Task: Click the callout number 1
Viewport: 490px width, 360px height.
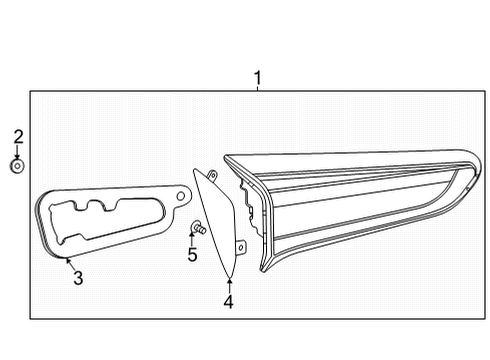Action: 257,77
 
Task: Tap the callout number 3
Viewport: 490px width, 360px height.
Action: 78,278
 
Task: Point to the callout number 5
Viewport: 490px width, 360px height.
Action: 192,254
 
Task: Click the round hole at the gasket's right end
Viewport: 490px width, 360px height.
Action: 179,191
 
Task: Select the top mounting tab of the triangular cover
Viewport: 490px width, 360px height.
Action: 212,176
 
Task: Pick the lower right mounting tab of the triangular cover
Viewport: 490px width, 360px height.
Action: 241,246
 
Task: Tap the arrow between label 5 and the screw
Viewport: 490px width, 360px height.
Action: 192,238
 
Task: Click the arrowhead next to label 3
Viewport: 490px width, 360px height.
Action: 67,261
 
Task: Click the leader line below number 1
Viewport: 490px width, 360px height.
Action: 257,88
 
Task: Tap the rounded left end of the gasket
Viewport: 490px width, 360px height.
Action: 41,215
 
